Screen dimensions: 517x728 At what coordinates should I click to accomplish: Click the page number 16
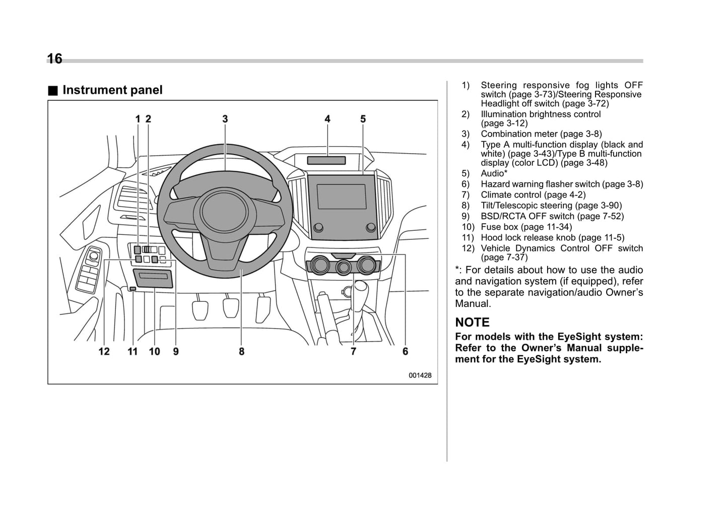(54, 59)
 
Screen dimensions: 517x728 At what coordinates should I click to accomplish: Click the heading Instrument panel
(112, 90)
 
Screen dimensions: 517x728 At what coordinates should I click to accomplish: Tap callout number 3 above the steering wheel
(225, 119)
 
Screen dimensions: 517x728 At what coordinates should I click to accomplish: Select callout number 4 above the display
(327, 119)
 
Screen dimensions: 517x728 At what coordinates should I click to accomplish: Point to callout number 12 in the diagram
(104, 351)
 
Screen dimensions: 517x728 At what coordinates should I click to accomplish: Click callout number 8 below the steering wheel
(242, 351)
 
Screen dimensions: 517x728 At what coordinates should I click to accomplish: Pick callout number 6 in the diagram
(405, 351)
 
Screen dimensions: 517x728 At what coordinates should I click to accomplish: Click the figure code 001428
(420, 375)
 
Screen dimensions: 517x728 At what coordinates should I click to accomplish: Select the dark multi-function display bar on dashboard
(326, 161)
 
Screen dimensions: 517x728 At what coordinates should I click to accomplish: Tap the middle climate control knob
(345, 267)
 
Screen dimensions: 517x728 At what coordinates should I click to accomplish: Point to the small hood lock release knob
(133, 289)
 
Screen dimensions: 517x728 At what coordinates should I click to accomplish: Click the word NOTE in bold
(472, 322)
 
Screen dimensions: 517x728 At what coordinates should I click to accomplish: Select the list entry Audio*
(494, 174)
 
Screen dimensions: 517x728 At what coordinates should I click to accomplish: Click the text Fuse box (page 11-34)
(526, 227)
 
